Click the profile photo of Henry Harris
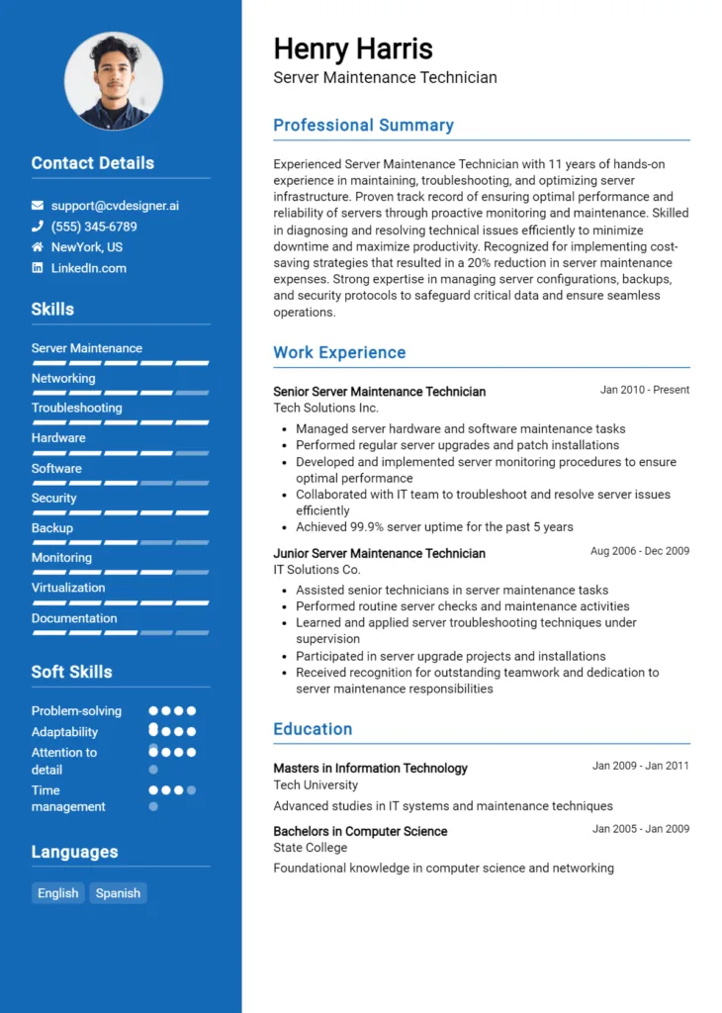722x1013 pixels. click(x=114, y=81)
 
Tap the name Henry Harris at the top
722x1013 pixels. click(x=353, y=48)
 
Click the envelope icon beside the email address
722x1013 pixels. click(x=38, y=206)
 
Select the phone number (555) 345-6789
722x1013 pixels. click(x=94, y=227)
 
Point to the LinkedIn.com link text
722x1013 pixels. click(x=89, y=268)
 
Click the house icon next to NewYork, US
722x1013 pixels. click(x=38, y=247)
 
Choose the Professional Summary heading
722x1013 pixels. click(x=363, y=126)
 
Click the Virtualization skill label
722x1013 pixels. click(x=68, y=588)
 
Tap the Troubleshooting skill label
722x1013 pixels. click(x=76, y=408)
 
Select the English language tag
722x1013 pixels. click(x=58, y=893)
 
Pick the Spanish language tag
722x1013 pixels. click(x=118, y=893)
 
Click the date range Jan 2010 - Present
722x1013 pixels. click(x=644, y=390)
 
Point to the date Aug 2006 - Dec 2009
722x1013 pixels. click(x=640, y=551)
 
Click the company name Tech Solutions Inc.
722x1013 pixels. click(x=325, y=408)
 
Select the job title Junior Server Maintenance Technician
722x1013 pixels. click(x=379, y=553)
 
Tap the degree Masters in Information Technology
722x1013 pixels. click(x=370, y=768)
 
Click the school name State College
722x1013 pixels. click(x=310, y=848)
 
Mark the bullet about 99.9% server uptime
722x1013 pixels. click(x=434, y=527)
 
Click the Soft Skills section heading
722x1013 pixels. click(x=71, y=672)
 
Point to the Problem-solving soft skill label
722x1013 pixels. click(x=76, y=711)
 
